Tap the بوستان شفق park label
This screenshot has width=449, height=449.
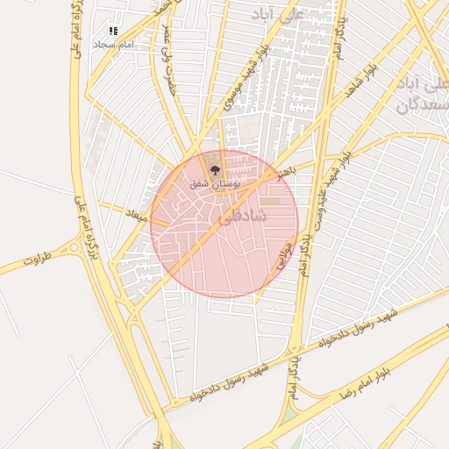click(x=212, y=184)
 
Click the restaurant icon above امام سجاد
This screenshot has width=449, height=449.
click(x=112, y=31)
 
